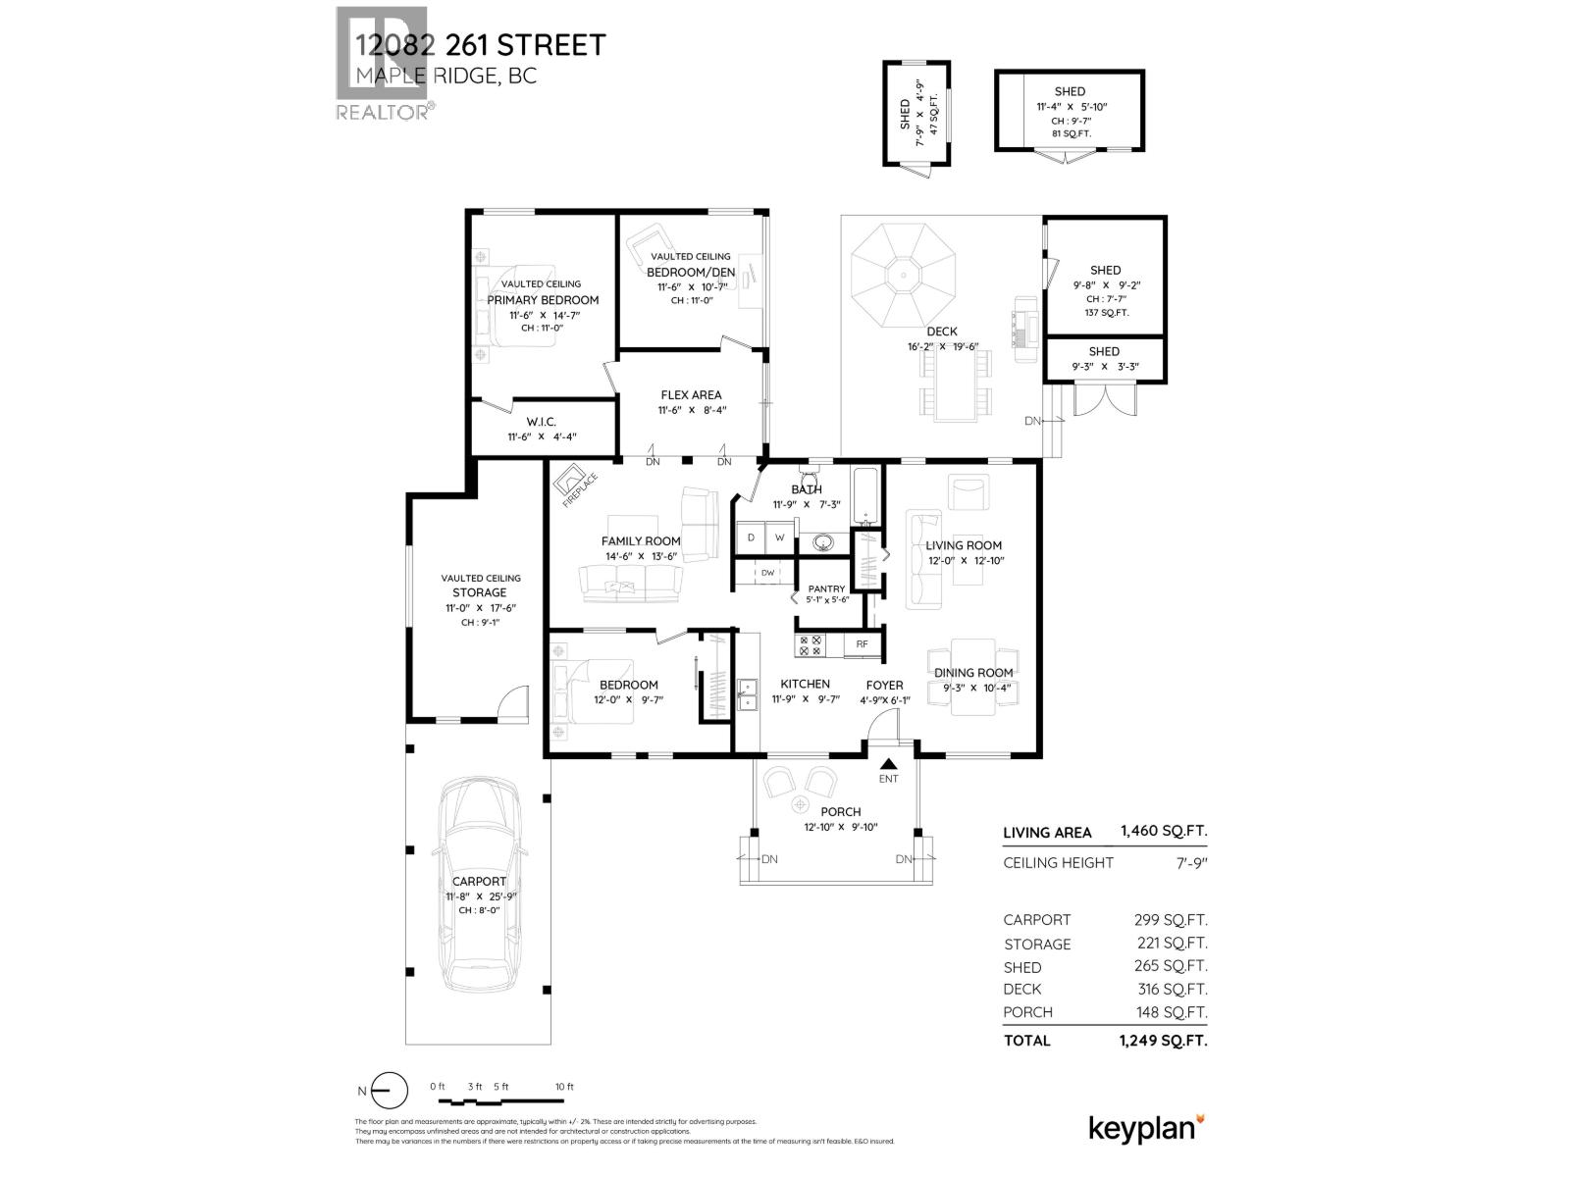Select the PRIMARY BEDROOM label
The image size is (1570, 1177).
pyautogui.click(x=543, y=300)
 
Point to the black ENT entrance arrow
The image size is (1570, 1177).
pyautogui.click(x=888, y=764)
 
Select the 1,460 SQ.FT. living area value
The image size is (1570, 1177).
pyautogui.click(x=1164, y=832)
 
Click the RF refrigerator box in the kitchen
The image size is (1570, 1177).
pyautogui.click(x=863, y=644)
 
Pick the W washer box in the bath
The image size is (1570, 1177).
pyautogui.click(x=780, y=537)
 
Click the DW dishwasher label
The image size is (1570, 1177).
pyautogui.click(x=767, y=573)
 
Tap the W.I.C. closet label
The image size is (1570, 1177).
pyautogui.click(x=541, y=422)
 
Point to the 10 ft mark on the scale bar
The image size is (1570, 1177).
pyautogui.click(x=563, y=1087)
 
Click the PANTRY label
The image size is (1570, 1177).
pyautogui.click(x=826, y=588)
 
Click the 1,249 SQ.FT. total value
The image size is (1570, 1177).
pyautogui.click(x=1163, y=1041)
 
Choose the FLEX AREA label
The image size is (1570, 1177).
pyautogui.click(x=691, y=395)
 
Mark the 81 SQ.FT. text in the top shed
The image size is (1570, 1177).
pyautogui.click(x=1070, y=133)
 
